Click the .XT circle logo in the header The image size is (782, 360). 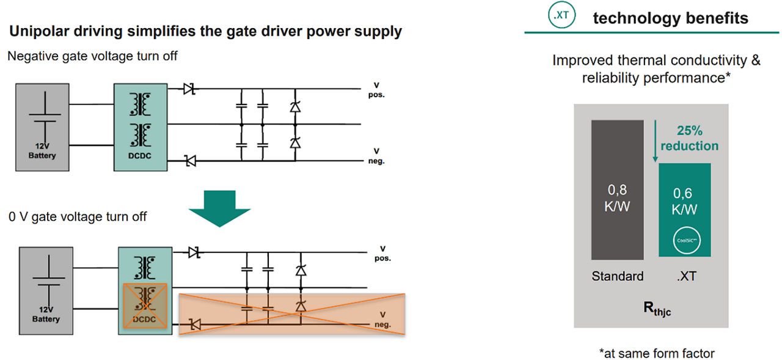click(x=560, y=18)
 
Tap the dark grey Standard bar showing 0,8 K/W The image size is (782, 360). click(x=617, y=189)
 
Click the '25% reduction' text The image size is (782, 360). click(x=689, y=138)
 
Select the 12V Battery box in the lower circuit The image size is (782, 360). click(x=46, y=290)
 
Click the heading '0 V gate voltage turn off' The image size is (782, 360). click(x=78, y=216)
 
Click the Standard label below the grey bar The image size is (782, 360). click(x=617, y=276)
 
